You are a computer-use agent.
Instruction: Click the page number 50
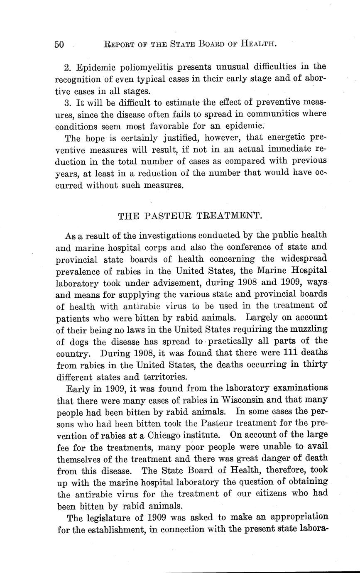coord(59,44)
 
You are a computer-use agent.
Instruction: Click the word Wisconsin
coord(239,400)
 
